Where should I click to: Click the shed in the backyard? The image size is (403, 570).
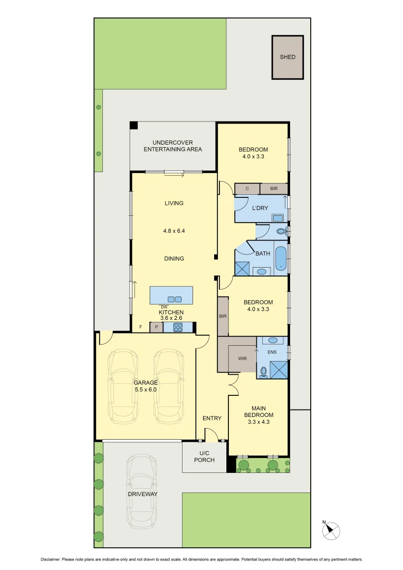click(x=287, y=57)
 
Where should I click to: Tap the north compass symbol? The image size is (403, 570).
click(x=331, y=530)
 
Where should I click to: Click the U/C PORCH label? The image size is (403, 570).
click(x=204, y=457)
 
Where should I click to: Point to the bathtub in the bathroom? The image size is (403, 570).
click(x=280, y=258)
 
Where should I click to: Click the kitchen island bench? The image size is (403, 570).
click(x=171, y=296)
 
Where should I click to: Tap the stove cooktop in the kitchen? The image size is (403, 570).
click(x=178, y=327)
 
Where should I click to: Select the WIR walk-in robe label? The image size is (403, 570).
click(x=242, y=358)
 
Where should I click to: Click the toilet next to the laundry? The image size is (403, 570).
click(x=282, y=231)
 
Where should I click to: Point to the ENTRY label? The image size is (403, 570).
click(x=212, y=419)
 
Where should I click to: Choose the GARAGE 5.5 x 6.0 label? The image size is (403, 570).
click(x=145, y=386)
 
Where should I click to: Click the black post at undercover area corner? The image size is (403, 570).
click(x=134, y=125)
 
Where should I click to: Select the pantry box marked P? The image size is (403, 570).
click(x=156, y=327)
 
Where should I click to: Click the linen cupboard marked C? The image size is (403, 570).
click(x=247, y=188)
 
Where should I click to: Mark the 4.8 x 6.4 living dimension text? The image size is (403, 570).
click(x=174, y=231)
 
